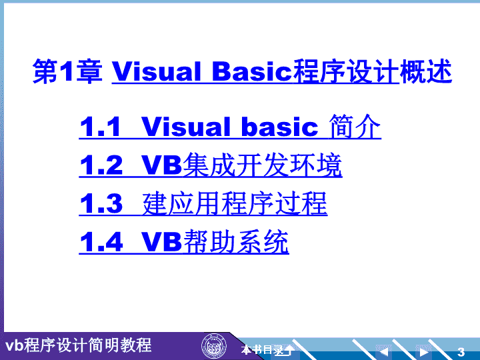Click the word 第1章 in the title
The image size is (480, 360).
67,71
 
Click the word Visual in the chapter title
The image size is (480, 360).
157,71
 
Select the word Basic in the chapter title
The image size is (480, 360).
252,71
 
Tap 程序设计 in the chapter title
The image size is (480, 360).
346,71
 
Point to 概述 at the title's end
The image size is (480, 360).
426,71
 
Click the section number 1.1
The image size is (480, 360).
100,127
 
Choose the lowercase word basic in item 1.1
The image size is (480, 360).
280,127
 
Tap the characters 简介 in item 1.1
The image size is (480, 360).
355,127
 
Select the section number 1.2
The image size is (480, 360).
101,165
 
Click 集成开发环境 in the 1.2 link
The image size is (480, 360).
263,165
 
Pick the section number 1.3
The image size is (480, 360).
101,203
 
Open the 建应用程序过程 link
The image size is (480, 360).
235,203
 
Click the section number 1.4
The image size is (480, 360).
101,241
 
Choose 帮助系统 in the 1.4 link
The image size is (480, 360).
236,241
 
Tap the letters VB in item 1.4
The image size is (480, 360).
161,241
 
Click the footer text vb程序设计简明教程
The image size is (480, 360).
79,345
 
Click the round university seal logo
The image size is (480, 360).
214,347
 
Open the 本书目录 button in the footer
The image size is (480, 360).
263,349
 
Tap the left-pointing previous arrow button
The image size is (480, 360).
383,351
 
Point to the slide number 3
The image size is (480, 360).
461,352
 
